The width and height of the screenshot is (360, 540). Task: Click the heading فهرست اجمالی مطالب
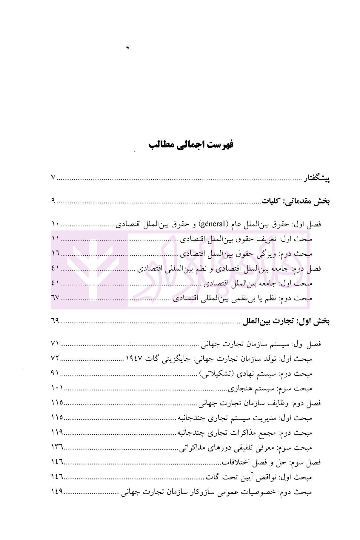(191, 145)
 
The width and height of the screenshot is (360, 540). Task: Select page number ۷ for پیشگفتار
(53, 178)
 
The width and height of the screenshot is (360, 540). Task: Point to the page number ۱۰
(56, 224)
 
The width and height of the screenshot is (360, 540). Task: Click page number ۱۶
(56, 254)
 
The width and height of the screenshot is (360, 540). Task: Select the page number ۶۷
(56, 298)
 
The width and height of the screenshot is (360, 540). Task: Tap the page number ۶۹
(55, 321)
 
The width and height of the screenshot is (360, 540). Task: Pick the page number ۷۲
(55, 358)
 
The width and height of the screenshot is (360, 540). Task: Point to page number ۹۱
(55, 373)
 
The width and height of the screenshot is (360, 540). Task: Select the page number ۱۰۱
(57, 388)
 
